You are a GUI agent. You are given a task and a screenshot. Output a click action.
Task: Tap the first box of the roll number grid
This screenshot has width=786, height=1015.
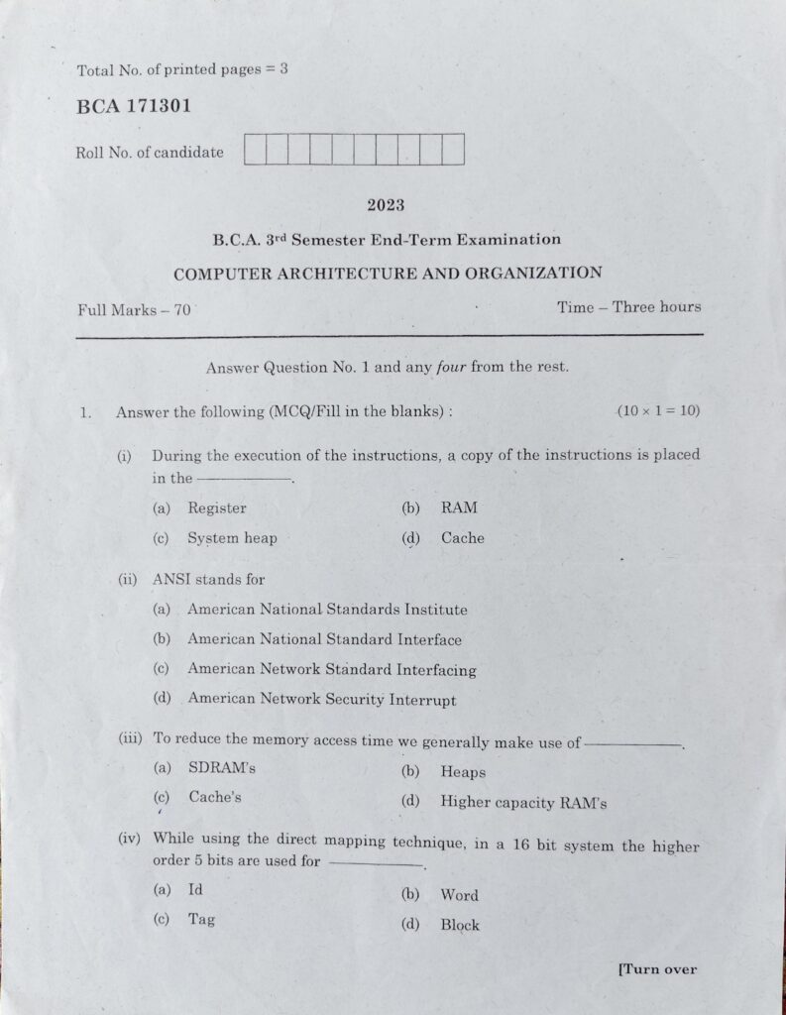point(254,150)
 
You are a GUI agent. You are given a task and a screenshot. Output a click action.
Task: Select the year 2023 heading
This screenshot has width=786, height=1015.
point(386,205)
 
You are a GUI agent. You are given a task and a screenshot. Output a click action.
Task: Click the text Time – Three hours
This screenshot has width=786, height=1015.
point(628,306)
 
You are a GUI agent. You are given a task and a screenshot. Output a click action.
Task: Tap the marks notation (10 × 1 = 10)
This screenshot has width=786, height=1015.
point(657,410)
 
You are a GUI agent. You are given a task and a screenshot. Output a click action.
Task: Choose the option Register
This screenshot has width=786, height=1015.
point(216,507)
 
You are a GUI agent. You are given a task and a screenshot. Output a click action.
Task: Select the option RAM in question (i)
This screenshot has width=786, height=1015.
point(459,507)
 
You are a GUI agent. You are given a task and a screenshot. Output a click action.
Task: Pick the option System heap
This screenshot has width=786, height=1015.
point(232,538)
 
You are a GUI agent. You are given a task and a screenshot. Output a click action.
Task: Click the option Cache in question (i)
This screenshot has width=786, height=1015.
point(462,538)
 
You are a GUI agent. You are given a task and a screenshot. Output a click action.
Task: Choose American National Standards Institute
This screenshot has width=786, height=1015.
point(327,610)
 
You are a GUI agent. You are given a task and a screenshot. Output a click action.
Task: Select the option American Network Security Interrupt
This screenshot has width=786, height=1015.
point(321,700)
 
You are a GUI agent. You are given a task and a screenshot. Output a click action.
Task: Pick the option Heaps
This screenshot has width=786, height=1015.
point(463,772)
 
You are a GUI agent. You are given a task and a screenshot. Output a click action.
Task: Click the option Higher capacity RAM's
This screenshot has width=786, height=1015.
point(523,803)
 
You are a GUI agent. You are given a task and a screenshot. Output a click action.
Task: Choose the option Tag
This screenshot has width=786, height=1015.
point(202,919)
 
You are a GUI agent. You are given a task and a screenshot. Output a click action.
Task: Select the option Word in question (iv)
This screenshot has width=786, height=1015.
point(459,895)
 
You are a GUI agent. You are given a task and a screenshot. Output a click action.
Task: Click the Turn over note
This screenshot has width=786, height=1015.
point(656,969)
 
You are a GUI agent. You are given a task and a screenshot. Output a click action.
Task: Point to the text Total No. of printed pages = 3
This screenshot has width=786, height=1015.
point(181,70)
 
